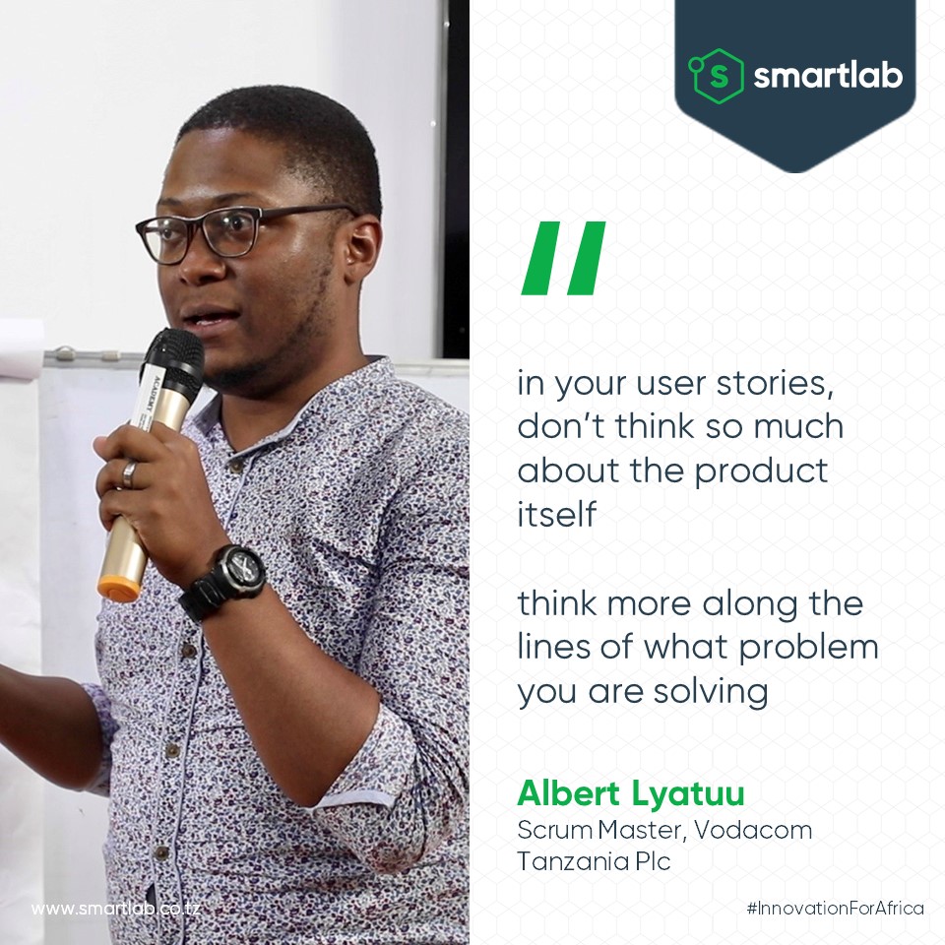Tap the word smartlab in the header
[828, 77]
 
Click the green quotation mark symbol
[562, 259]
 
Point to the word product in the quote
[762, 470]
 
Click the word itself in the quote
[557, 513]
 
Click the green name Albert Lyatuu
[630, 792]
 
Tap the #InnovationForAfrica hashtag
[835, 908]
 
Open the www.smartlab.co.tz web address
[116, 908]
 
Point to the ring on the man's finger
[129, 473]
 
